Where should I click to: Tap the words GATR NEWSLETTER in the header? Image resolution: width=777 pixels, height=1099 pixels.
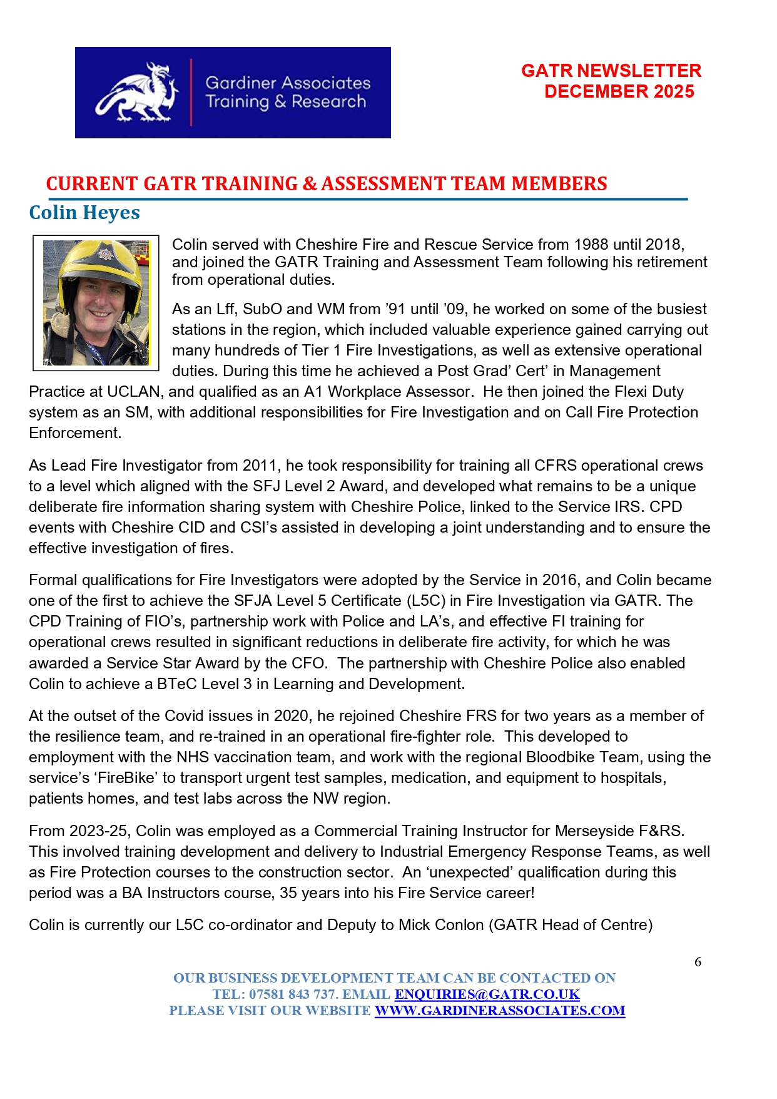[x=611, y=71]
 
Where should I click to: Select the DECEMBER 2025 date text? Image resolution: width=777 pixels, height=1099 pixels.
[x=619, y=91]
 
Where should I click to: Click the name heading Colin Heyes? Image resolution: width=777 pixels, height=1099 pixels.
[x=84, y=213]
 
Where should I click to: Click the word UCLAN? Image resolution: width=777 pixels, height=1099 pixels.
[x=133, y=392]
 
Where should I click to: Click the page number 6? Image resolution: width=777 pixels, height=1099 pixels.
[x=698, y=962]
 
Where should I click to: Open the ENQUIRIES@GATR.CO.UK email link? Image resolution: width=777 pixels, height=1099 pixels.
[x=487, y=994]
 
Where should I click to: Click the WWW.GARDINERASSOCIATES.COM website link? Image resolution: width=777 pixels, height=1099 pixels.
[x=499, y=1011]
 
